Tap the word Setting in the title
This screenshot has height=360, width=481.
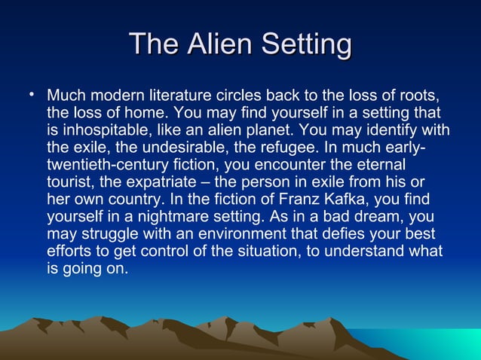pyautogui.click(x=306, y=45)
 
